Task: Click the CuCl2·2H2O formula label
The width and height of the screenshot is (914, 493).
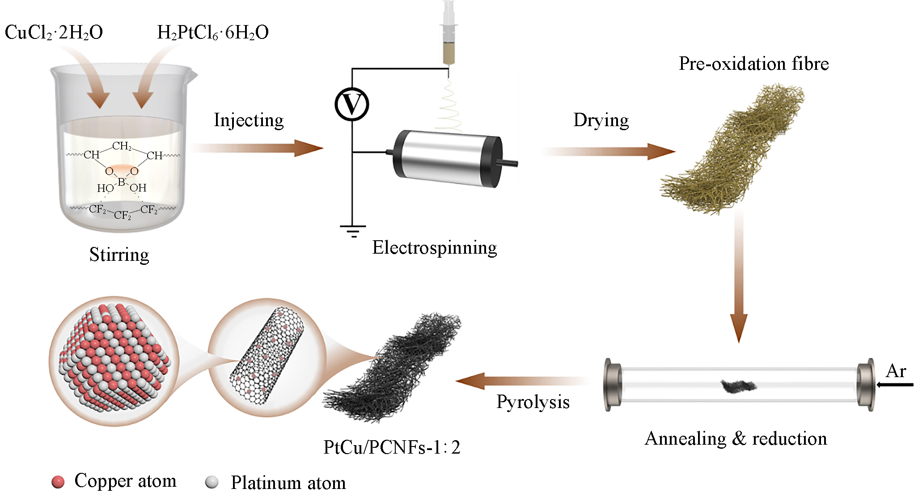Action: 54,33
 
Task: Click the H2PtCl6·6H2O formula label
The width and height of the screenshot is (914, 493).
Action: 213,33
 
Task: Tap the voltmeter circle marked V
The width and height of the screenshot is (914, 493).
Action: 352,104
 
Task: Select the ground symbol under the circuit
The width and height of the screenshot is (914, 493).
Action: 352,231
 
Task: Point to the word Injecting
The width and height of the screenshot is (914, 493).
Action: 249,120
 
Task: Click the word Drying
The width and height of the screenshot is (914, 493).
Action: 601,120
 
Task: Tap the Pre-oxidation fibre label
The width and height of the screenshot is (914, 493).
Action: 753,64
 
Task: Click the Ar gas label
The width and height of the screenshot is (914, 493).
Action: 896,371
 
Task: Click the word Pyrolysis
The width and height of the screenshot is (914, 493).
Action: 533,402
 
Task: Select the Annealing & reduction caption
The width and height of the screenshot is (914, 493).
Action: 736,439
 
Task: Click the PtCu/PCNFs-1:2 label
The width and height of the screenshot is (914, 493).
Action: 392,447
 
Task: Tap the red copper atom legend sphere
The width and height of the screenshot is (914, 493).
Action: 58,482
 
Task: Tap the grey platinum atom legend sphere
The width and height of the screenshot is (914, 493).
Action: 212,482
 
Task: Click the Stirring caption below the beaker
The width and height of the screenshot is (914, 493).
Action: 119,255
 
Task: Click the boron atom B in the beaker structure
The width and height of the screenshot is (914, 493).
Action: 121,182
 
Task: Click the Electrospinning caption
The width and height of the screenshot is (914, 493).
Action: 434,247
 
